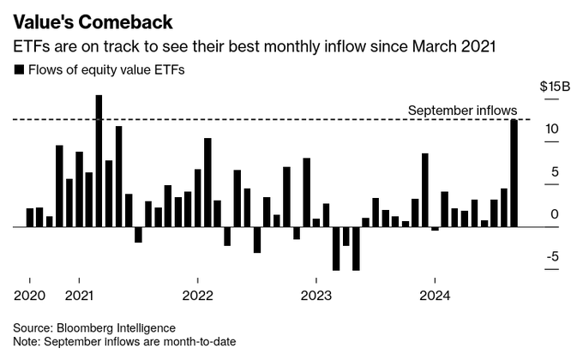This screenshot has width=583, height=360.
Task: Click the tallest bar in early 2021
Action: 99,160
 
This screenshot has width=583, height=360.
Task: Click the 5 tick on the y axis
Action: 556,172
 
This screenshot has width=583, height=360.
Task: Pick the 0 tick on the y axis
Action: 556,214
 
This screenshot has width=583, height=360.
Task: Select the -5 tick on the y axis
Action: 553,256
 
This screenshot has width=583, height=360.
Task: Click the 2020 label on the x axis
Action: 29,294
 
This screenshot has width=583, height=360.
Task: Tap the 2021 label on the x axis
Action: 79,294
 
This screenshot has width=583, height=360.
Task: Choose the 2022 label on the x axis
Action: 197,294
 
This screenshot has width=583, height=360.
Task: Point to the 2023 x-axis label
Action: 316,294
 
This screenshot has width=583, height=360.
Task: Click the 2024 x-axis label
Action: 434,294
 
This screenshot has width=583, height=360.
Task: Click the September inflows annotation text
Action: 462,111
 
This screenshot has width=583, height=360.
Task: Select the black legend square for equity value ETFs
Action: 20,70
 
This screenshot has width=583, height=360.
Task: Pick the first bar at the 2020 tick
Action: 30,218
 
